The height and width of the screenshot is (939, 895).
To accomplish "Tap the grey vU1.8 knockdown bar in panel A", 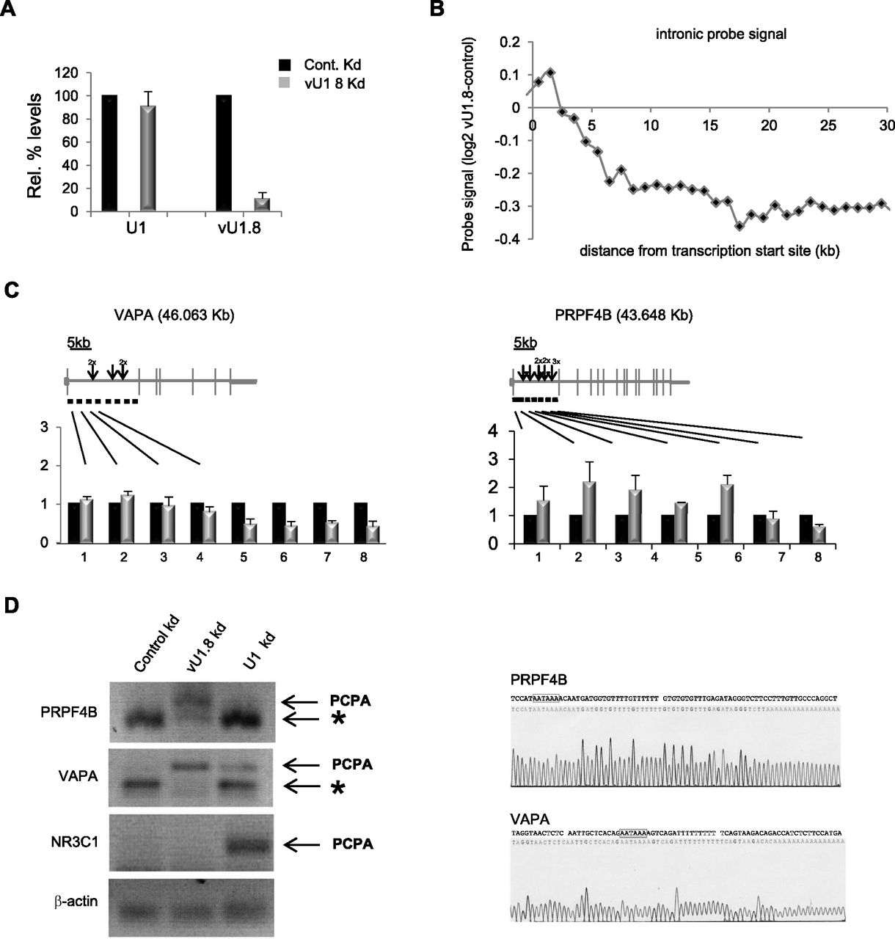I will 262,205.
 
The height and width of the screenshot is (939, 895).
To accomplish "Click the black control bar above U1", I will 109,143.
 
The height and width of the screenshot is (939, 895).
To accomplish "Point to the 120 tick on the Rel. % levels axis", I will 69,73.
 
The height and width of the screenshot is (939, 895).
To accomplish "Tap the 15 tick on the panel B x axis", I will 710,125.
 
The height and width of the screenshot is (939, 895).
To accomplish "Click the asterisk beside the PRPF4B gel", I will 338,722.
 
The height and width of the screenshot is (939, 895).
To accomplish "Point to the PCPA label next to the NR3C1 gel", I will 351,844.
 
